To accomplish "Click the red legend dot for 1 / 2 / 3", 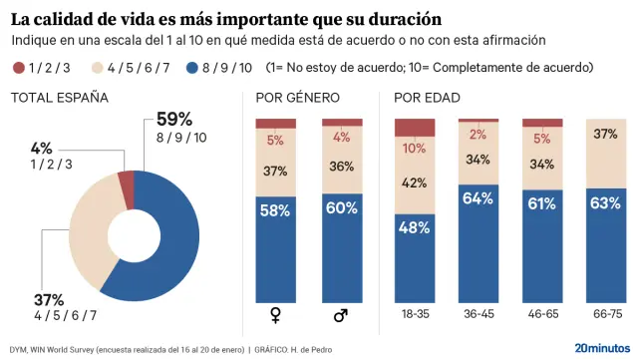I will tap(18, 68).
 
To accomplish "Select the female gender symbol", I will tap(276, 316).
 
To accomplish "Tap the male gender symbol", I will tap(341, 316).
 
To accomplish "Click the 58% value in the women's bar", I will tap(276, 211).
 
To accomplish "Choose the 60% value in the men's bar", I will tap(341, 207).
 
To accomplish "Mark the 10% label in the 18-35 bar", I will tap(415, 149).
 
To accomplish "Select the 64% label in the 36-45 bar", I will tap(478, 198).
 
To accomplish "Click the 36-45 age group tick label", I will tap(478, 312).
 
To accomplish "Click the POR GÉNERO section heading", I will tap(298, 98).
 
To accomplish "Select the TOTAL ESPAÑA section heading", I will tap(60, 98).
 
